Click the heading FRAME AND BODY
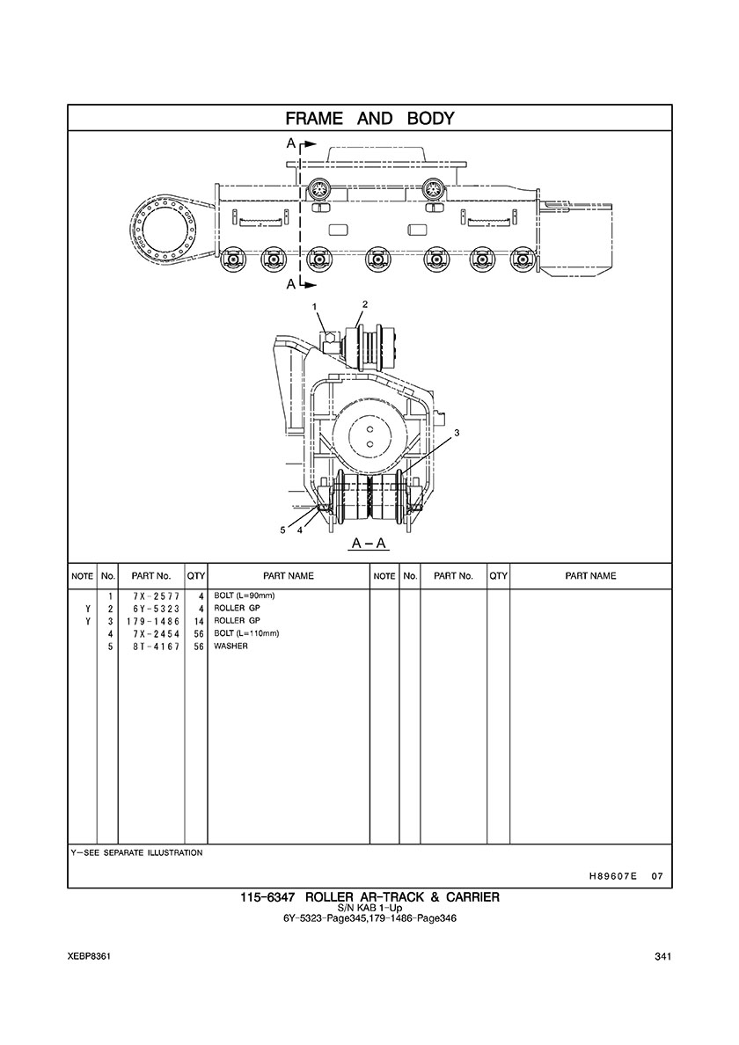[x=369, y=119]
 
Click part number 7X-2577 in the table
[x=156, y=596]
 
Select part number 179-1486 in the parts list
[x=153, y=621]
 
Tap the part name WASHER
[x=230, y=647]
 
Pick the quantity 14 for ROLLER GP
[x=199, y=621]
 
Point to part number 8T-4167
[x=156, y=647]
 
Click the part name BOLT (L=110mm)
[x=245, y=634]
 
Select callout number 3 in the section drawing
[x=457, y=433]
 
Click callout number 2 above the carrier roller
[x=364, y=303]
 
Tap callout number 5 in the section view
[x=283, y=530]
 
